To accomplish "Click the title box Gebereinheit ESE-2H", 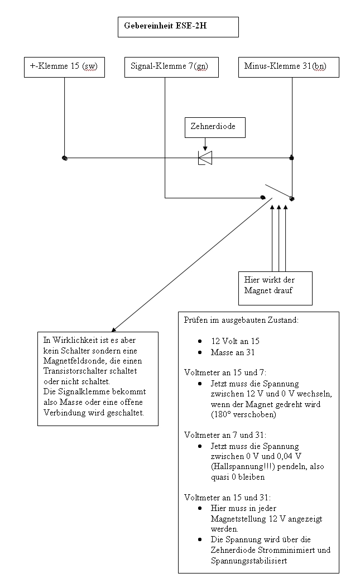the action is point(178,27).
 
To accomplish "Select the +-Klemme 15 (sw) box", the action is point(64,67).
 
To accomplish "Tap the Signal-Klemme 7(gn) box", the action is point(171,67).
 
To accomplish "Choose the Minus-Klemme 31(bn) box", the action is point(289,67).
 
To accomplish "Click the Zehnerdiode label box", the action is point(215,127).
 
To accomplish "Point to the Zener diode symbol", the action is point(205,158).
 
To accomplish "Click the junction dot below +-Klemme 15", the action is point(65,159).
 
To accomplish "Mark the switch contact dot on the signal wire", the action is point(263,198).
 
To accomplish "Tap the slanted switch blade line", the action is point(278,191).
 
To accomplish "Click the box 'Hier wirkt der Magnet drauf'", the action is point(275,288).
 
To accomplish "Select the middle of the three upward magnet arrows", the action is point(279,238).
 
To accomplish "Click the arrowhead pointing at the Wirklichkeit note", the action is point(114,329).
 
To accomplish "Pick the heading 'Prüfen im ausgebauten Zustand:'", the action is point(241,320).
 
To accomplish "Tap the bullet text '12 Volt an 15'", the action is point(235,341).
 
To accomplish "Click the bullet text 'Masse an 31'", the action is point(233,352).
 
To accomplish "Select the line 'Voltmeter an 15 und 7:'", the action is point(225,372).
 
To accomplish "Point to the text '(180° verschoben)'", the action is point(243,414).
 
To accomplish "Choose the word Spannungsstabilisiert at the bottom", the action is point(249,561).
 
